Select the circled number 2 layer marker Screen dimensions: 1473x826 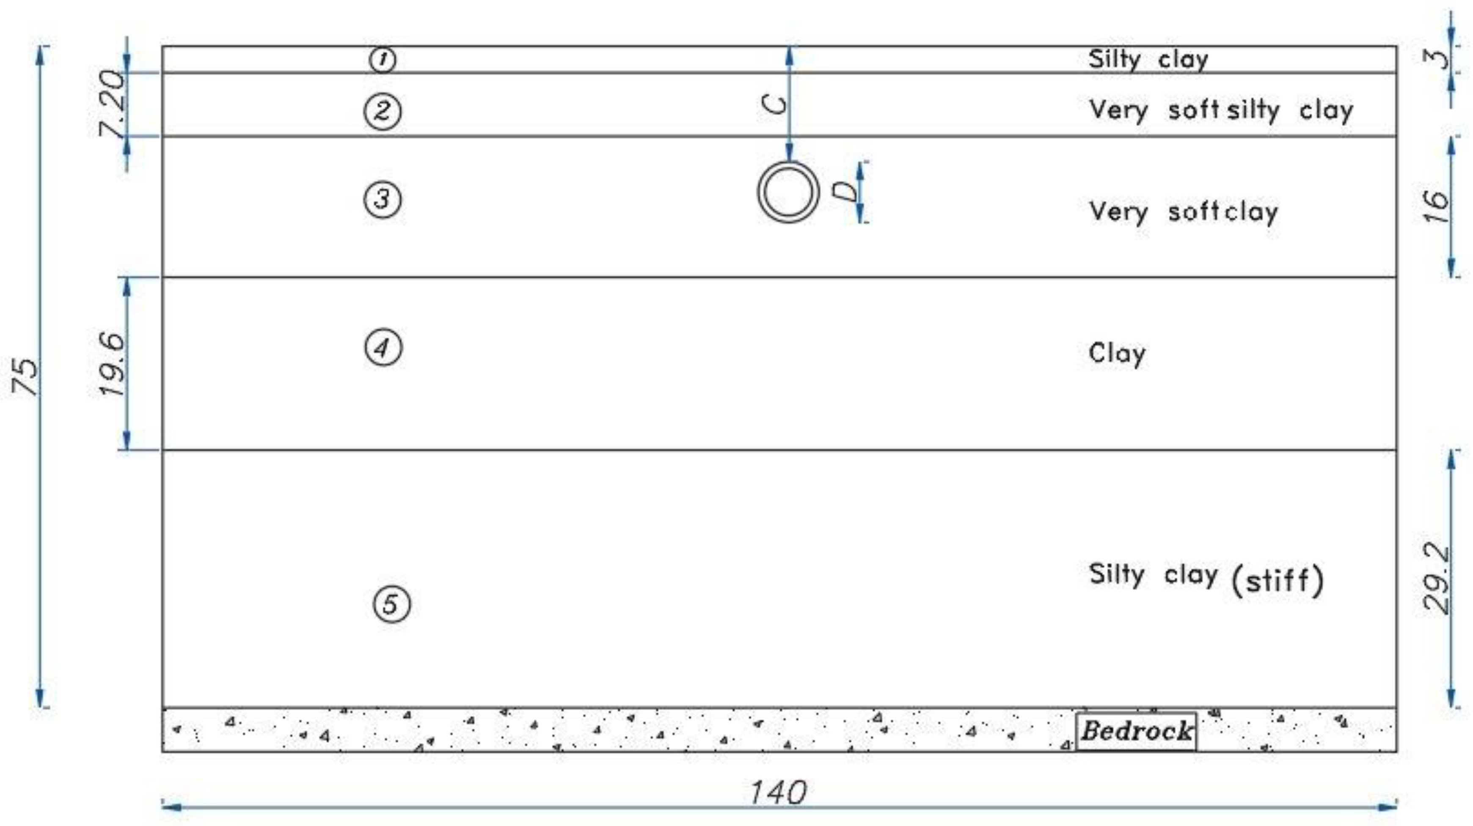click(383, 110)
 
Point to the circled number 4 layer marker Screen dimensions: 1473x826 click(383, 347)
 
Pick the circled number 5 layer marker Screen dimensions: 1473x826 click(392, 604)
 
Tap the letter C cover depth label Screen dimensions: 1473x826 click(775, 104)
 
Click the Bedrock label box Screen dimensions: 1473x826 click(1136, 730)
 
